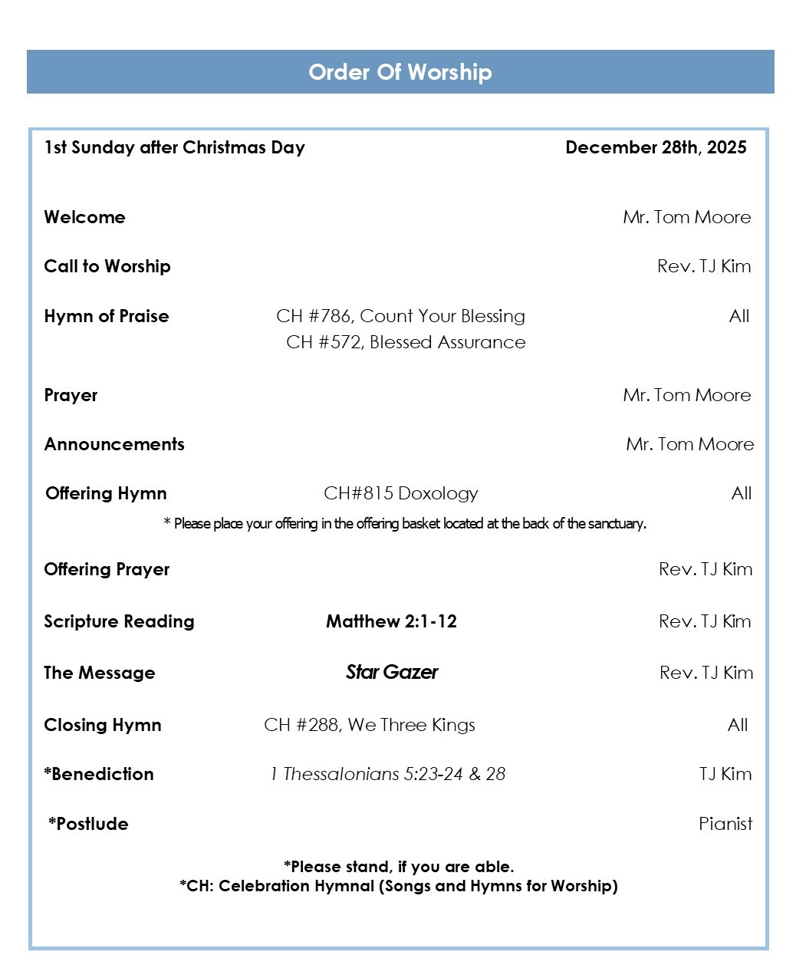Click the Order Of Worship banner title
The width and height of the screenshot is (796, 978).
[x=400, y=72]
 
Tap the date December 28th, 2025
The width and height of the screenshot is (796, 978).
[x=656, y=147]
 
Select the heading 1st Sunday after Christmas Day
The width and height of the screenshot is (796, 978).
[x=175, y=147]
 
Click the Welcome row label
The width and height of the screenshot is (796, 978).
[x=84, y=217]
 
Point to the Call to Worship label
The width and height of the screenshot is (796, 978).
[x=107, y=266]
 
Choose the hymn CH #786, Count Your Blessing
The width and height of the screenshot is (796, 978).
[x=400, y=316]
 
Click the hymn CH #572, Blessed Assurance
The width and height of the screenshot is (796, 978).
[x=406, y=342]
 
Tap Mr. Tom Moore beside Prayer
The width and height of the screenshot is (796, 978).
[x=686, y=395]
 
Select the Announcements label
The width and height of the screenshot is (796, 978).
[x=114, y=444]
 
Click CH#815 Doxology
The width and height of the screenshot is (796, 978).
[x=400, y=493]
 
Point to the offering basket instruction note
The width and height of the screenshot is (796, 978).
[x=404, y=524]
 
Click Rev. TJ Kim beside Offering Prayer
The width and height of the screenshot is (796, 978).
[x=705, y=569]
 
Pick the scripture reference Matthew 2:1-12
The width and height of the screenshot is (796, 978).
[x=391, y=621]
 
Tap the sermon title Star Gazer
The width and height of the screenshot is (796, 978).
[x=391, y=673]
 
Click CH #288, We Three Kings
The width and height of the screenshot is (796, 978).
[x=370, y=725]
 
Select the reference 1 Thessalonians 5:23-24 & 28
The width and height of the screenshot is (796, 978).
[x=387, y=774]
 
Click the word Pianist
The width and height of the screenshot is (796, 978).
[x=725, y=824]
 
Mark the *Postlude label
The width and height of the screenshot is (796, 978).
[x=88, y=824]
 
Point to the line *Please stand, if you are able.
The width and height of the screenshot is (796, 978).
[x=399, y=867]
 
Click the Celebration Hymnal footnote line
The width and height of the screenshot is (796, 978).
[x=399, y=886]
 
